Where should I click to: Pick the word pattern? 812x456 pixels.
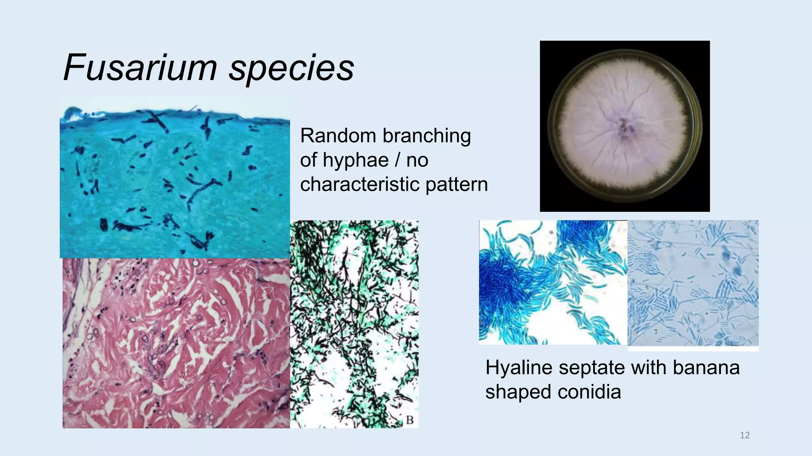point(456,185)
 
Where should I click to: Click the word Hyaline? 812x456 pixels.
point(519,368)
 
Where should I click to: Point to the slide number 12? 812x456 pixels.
point(745,435)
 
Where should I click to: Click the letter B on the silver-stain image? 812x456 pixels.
point(410,420)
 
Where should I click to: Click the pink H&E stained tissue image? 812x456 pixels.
point(176,343)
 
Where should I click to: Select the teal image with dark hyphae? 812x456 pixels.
point(174,177)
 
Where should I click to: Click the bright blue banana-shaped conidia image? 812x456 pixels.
point(553,282)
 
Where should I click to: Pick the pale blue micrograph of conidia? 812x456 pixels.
point(693,283)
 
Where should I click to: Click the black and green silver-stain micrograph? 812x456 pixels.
point(354,324)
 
